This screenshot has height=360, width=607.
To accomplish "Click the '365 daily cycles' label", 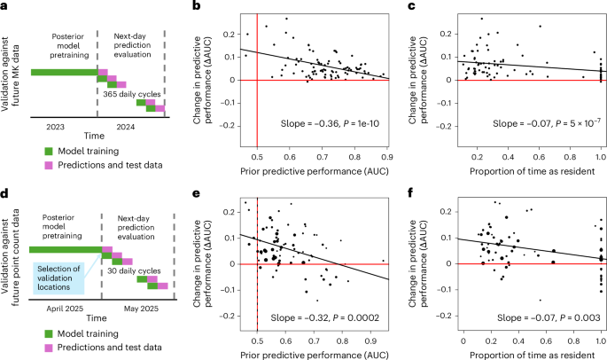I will [x=132, y=93].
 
